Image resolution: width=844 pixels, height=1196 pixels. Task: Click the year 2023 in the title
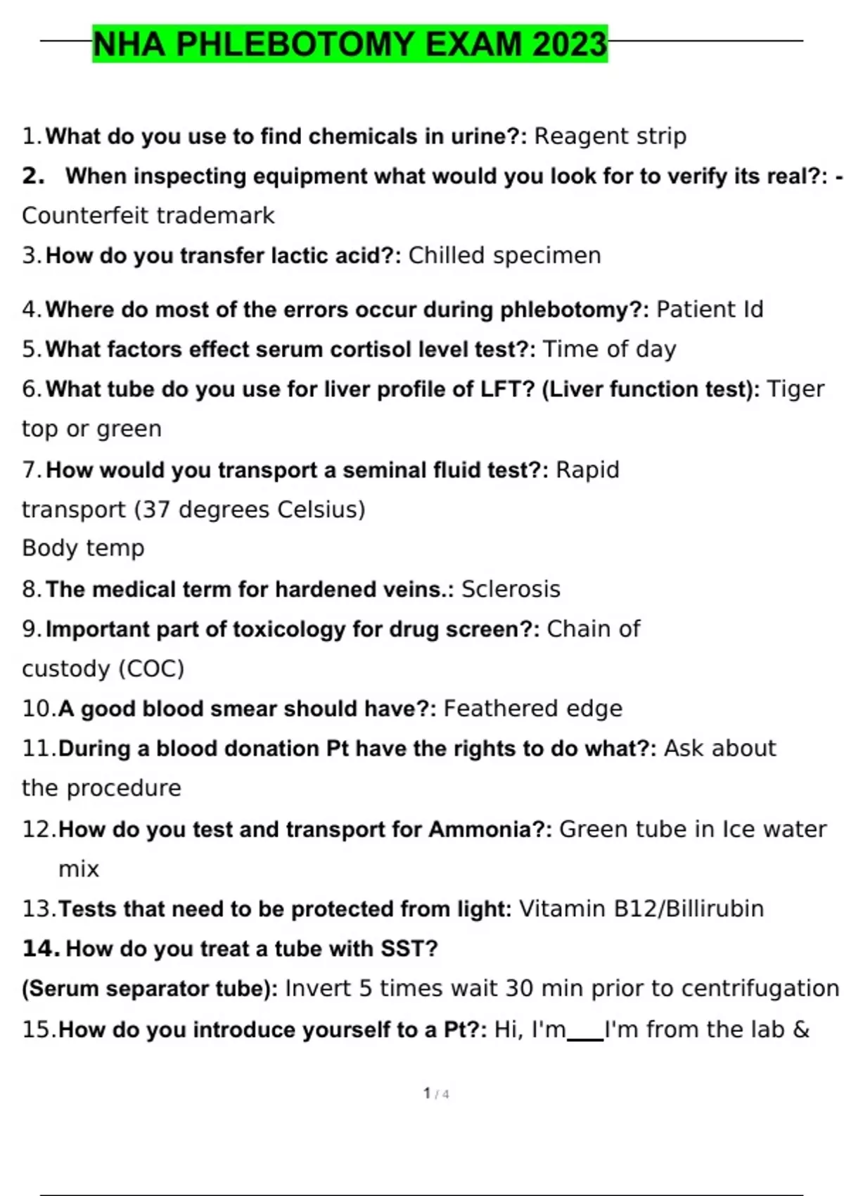tap(570, 44)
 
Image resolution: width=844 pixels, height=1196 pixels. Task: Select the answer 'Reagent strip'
tap(610, 136)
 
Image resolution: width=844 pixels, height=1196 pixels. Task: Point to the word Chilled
tap(447, 255)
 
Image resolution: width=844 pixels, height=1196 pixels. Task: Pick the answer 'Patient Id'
tap(709, 310)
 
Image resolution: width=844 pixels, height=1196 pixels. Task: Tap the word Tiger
tap(795, 389)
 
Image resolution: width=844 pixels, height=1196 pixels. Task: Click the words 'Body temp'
tap(83, 548)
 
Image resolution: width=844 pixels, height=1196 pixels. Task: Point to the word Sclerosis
tap(511, 589)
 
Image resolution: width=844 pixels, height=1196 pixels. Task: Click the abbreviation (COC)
tap(151, 668)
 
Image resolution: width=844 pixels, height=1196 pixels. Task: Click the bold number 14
tap(41, 948)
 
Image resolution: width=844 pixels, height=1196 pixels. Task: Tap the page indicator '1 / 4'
tap(436, 1094)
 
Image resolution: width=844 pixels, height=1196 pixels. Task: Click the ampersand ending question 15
tap(801, 1030)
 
